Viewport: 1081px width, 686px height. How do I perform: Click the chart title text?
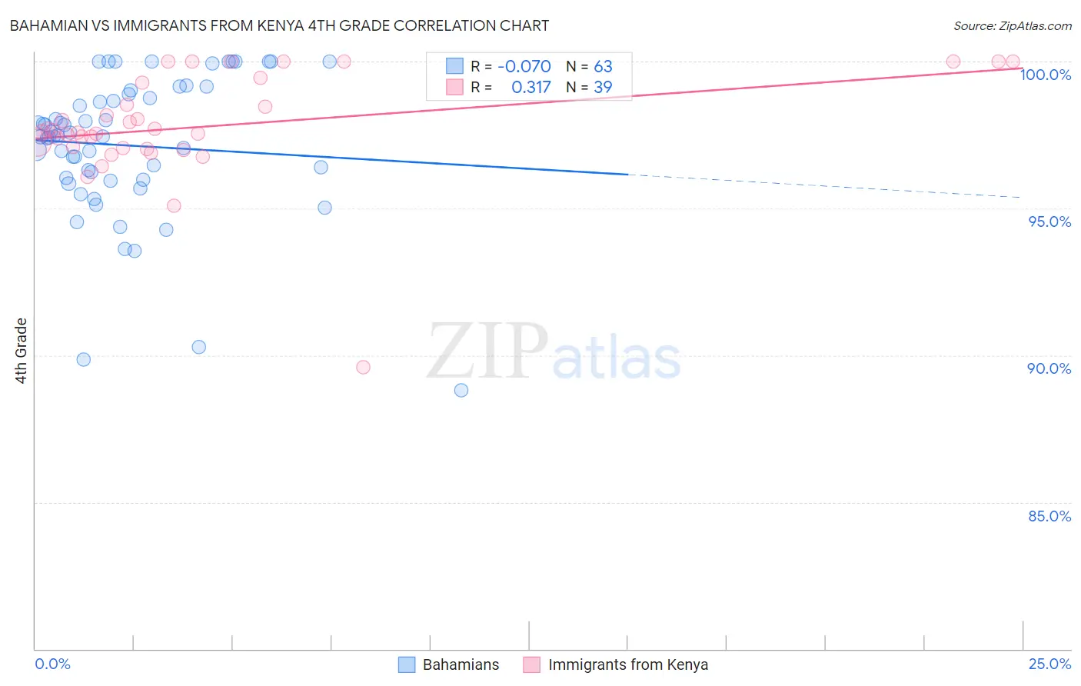(278, 25)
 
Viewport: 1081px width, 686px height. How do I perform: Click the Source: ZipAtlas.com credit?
(1012, 26)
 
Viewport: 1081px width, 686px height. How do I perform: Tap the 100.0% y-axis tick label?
(1045, 75)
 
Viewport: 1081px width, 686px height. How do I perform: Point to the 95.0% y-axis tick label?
(1049, 221)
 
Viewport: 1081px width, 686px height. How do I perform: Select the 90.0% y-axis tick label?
(1049, 368)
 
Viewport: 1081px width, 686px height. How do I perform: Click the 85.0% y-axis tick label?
(1049, 516)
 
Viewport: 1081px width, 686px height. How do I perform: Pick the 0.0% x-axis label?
(52, 664)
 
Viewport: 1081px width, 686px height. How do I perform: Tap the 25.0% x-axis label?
(1049, 664)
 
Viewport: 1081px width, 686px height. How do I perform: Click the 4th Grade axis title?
(21, 351)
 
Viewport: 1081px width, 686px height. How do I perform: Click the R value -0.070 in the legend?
(524, 66)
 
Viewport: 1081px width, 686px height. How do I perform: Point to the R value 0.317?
(531, 88)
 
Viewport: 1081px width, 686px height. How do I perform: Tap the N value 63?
(603, 66)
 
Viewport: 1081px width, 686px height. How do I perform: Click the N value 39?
(603, 88)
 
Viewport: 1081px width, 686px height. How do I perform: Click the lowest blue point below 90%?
(461, 390)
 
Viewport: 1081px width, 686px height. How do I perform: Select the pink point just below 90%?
(363, 367)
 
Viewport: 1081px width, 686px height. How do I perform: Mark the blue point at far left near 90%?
(84, 359)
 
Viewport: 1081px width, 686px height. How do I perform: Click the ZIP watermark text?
(487, 352)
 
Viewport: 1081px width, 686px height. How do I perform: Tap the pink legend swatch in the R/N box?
(455, 87)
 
